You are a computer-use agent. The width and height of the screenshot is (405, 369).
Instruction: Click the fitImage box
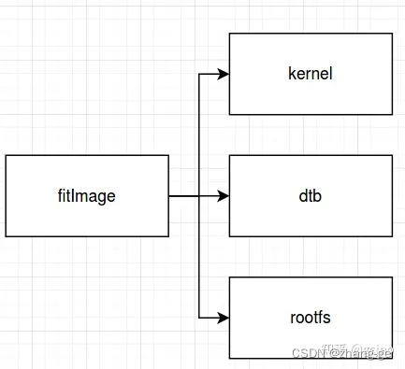coord(87,196)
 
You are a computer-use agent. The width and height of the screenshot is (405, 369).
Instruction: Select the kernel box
coord(311,74)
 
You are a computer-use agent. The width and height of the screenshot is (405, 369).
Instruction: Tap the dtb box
coord(311,196)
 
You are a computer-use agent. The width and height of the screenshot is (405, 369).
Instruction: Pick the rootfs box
coord(311,319)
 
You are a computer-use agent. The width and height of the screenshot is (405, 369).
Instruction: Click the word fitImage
coord(87,196)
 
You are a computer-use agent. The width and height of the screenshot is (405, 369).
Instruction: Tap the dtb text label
coord(311,196)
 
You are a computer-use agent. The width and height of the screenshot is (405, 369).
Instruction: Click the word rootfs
coord(311,319)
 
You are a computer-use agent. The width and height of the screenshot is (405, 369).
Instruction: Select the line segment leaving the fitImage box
coord(184,196)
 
